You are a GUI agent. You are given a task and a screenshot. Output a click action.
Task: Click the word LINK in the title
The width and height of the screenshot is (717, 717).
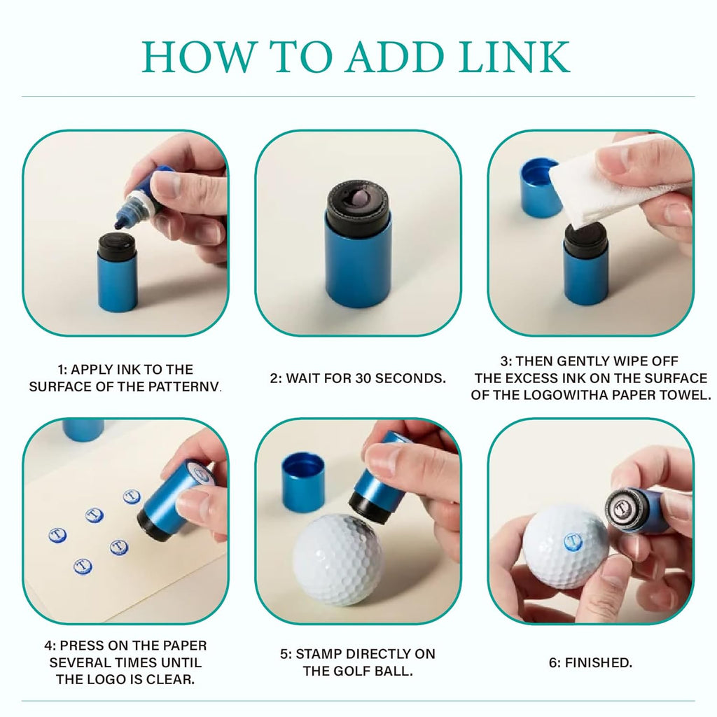515,57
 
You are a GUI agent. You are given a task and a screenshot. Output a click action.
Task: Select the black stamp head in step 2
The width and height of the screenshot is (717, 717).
358,204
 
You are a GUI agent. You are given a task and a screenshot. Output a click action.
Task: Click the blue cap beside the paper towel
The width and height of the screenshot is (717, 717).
540,188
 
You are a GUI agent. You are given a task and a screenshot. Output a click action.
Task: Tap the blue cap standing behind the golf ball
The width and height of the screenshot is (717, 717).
303,482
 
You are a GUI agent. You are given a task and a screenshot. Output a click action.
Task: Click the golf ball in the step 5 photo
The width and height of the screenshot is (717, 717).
337,559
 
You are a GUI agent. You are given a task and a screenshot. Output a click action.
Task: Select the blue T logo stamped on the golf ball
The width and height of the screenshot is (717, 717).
573,543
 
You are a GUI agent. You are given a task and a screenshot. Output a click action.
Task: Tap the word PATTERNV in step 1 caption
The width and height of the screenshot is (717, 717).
185,387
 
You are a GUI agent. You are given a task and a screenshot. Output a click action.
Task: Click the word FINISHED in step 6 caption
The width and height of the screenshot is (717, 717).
598,662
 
